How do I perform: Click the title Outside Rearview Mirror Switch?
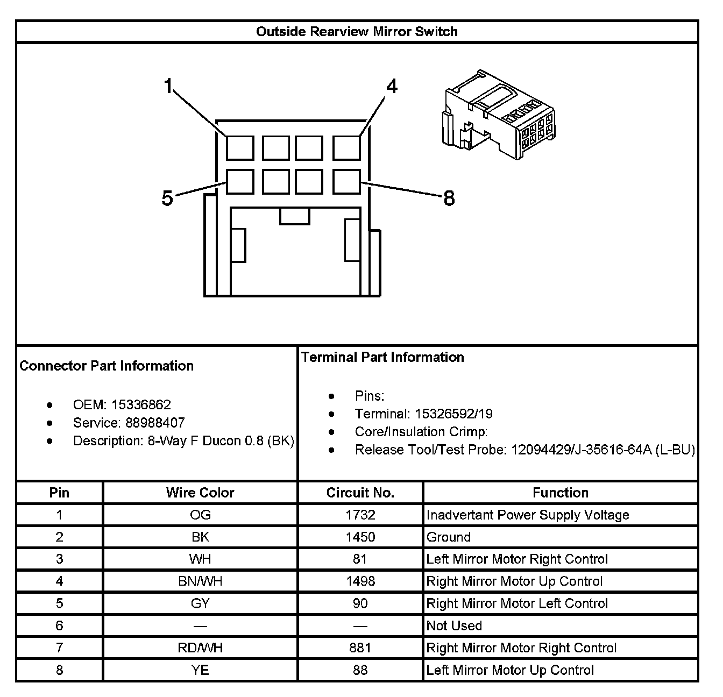coord(357,32)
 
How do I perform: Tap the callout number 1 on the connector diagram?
coord(169,86)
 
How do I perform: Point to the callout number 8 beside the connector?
coord(449,198)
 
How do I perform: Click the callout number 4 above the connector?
coord(392,86)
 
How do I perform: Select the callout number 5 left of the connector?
coord(167,198)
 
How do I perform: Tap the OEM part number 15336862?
coord(141,405)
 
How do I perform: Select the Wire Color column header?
coord(200,493)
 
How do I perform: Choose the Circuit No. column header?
coord(360,493)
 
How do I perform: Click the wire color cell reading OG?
coord(200,515)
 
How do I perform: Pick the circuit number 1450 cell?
coord(360,537)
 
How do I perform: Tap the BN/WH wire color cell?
coord(200,581)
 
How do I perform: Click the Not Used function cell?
coord(454,625)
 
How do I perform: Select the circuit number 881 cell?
coord(360,648)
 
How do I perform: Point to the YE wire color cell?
coord(200,670)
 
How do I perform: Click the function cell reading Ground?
coord(449,537)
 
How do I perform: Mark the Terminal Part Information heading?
coord(382,358)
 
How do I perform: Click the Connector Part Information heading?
coord(107,366)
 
